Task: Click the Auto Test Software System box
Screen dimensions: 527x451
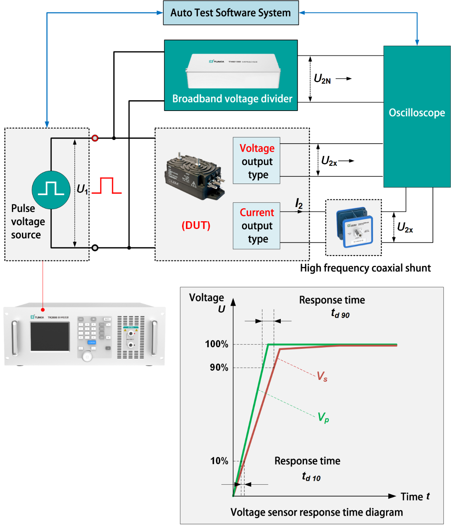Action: click(230, 13)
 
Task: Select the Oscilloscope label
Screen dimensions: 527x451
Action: click(417, 113)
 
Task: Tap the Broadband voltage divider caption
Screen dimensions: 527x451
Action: click(232, 99)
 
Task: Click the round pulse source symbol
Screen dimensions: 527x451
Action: click(51, 190)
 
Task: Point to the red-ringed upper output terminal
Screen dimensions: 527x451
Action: click(95, 138)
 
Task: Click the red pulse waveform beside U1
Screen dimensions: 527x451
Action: click(106, 186)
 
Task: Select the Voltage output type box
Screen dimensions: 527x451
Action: click(257, 161)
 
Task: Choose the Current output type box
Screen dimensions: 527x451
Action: click(257, 225)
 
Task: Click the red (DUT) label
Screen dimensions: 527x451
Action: click(196, 225)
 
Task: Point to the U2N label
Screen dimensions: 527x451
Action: click(322, 79)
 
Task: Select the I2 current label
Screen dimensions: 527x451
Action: click(299, 203)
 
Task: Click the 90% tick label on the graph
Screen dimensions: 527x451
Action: click(219, 368)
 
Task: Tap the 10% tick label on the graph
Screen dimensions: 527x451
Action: click(219, 461)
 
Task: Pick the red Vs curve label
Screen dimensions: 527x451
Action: click(322, 376)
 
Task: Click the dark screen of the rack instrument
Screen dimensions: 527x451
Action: click(50, 336)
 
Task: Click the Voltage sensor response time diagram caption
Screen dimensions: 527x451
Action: click(317, 512)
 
